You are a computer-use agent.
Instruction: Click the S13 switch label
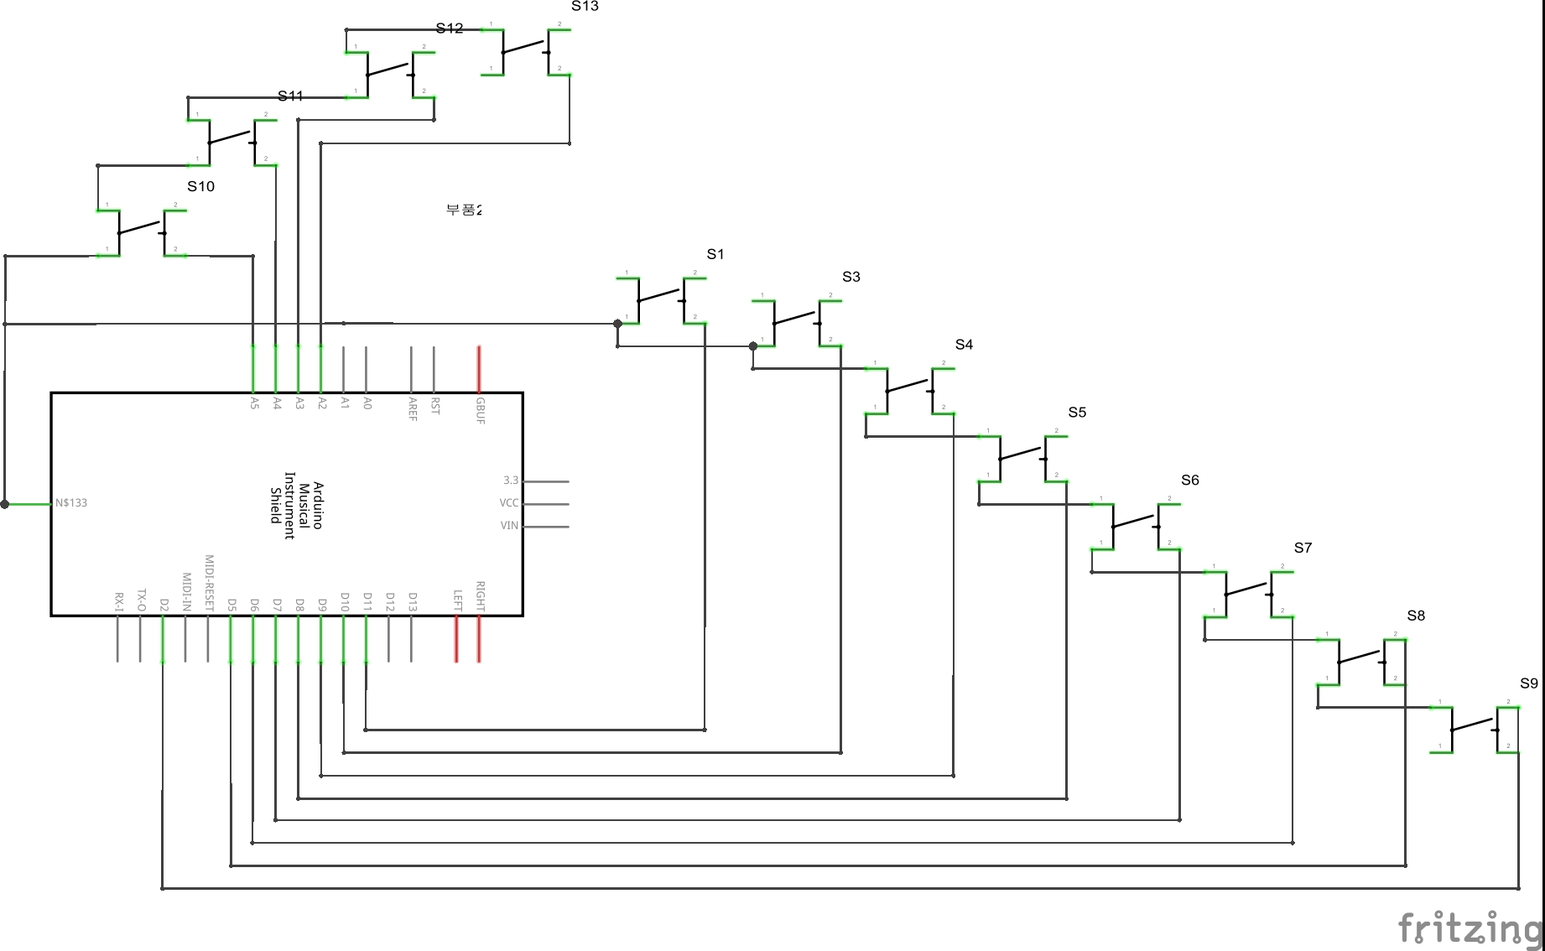[x=585, y=7]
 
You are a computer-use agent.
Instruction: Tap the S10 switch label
[x=200, y=186]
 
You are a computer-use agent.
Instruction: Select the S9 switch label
[x=1528, y=683]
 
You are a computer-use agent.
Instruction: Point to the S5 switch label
[x=1077, y=413]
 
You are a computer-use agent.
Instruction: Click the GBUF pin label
[x=481, y=410]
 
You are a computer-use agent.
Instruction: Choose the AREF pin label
[x=413, y=408]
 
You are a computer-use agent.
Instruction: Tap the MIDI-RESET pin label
[x=210, y=583]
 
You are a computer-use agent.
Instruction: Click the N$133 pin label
[x=71, y=503]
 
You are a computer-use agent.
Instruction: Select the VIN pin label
[x=509, y=526]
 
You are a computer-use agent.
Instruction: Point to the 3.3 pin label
[x=511, y=481]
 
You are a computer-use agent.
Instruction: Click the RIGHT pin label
[x=481, y=595]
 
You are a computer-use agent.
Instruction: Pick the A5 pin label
[x=254, y=403]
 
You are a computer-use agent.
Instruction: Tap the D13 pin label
[x=413, y=602]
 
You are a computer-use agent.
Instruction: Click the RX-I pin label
[x=119, y=601]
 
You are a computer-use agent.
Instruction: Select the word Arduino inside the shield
[x=318, y=505]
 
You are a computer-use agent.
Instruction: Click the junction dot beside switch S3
[x=753, y=346]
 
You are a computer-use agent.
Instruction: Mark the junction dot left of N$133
[x=5, y=504]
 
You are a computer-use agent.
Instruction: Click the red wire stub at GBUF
[x=479, y=369]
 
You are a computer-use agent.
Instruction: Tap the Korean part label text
[x=464, y=210]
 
